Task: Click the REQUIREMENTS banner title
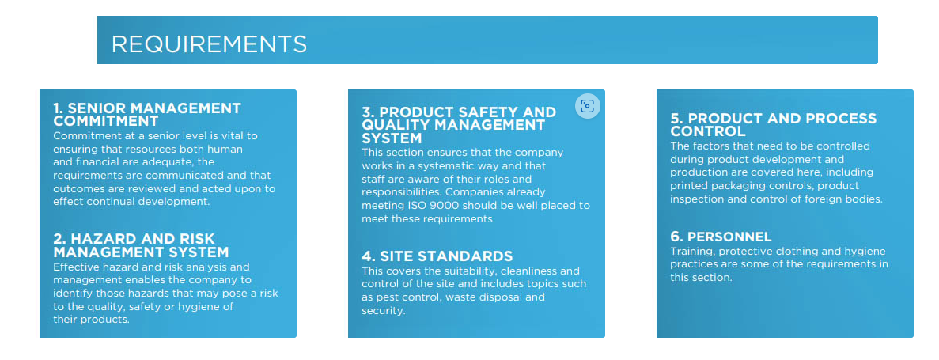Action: pos(209,44)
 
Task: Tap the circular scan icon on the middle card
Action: pos(588,106)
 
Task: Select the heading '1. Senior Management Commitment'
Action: pos(147,115)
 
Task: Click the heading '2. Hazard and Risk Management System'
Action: pos(141,245)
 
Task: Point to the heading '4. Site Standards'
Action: pos(437,256)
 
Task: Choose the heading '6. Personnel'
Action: pos(721,237)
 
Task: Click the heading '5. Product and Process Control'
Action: pos(773,124)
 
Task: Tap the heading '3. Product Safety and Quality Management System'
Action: pos(459,125)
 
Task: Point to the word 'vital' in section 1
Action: pos(227,136)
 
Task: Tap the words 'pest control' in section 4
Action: pos(407,297)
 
